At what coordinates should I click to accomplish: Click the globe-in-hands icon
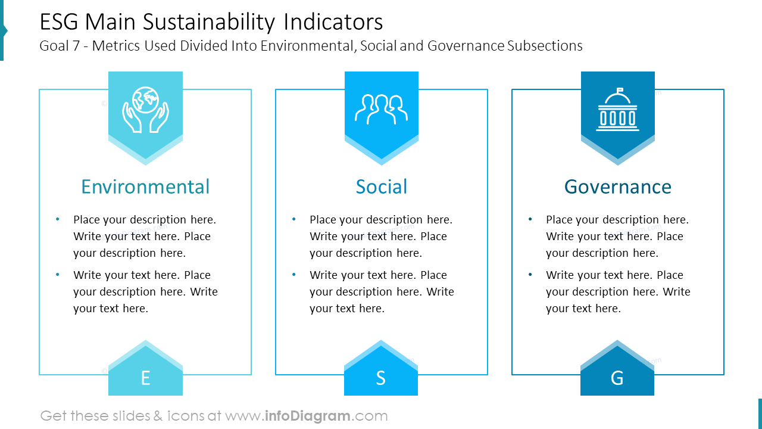click(x=145, y=109)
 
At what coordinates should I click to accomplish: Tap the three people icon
click(x=381, y=109)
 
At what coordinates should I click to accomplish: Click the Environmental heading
click(x=145, y=186)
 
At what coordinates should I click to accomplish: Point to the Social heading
click(x=381, y=186)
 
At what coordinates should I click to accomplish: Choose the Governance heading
click(x=617, y=186)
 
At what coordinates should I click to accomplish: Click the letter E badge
click(x=145, y=377)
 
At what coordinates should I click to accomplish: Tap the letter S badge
click(x=381, y=377)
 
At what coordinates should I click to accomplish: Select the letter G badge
click(x=617, y=377)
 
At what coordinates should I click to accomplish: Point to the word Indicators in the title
click(x=333, y=23)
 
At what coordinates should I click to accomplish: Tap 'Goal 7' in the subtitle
click(x=59, y=46)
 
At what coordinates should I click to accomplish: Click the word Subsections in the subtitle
click(x=545, y=46)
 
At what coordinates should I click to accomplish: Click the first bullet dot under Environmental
click(x=58, y=219)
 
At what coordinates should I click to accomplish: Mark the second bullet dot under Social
click(x=294, y=275)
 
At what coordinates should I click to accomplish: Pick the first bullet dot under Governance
click(x=530, y=219)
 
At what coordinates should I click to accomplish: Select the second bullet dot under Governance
click(x=530, y=275)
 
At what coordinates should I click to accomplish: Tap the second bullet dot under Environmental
click(x=58, y=275)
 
